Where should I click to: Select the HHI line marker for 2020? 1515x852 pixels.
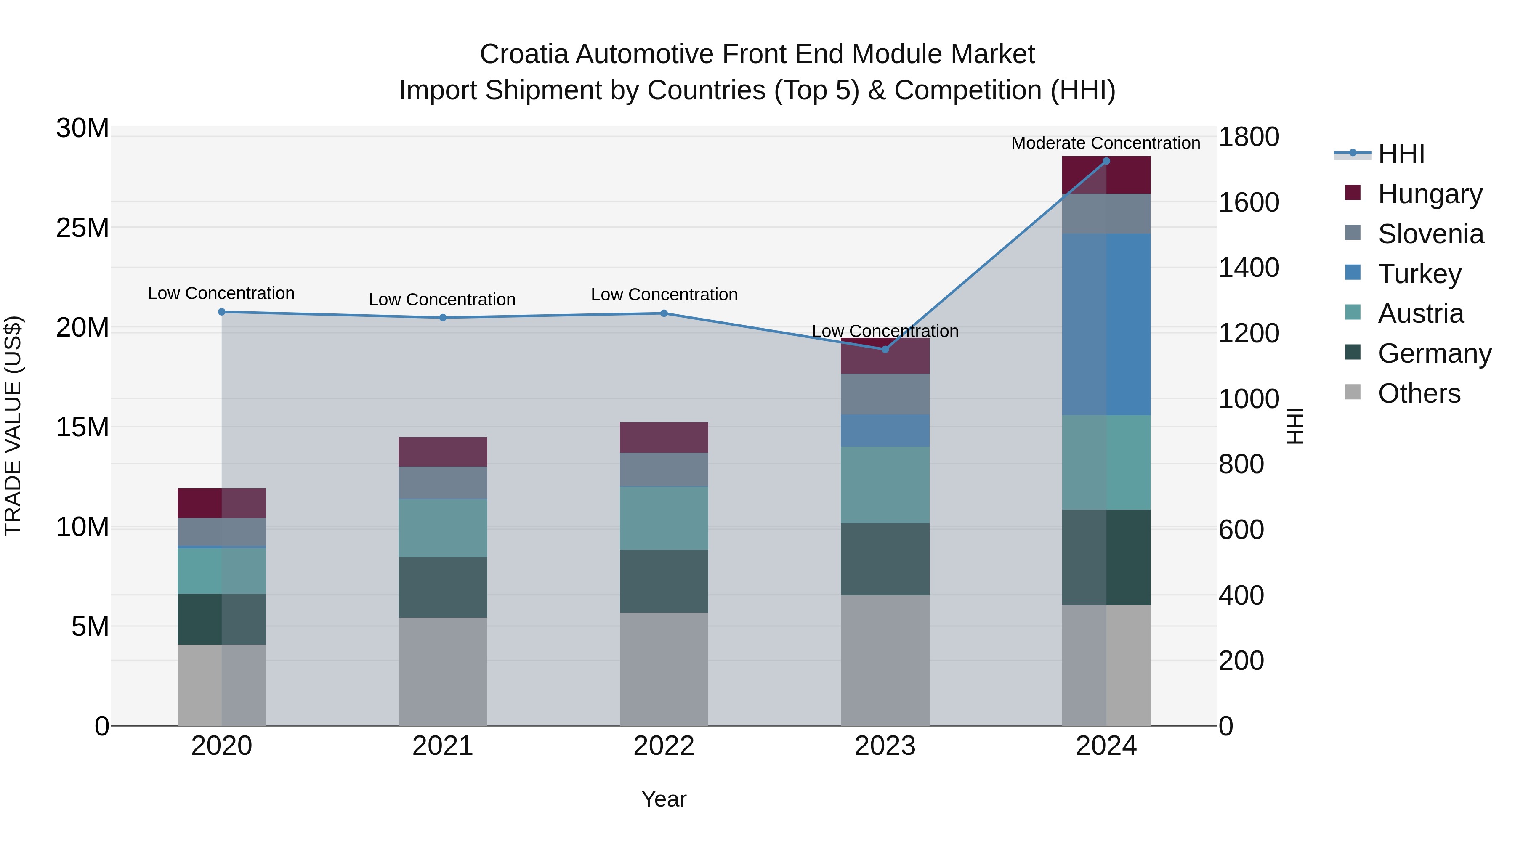[x=222, y=312]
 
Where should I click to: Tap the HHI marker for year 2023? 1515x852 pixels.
[x=885, y=349]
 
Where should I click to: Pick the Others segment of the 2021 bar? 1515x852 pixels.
[x=442, y=671]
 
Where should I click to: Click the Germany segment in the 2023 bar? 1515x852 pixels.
[x=885, y=559]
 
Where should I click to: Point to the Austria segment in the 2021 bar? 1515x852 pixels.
[x=442, y=528]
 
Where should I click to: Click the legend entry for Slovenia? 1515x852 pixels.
[x=1430, y=234]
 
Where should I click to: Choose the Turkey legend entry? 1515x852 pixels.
[x=1419, y=274]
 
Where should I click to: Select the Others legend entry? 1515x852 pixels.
[x=1419, y=393]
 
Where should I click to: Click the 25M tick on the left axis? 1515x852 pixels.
[x=82, y=228]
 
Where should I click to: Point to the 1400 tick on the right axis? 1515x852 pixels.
[x=1248, y=268]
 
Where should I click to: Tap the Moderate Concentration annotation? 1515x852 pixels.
[x=1105, y=143]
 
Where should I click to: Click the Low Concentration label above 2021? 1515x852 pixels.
[x=442, y=299]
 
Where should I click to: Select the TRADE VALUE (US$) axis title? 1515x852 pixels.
[x=13, y=426]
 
